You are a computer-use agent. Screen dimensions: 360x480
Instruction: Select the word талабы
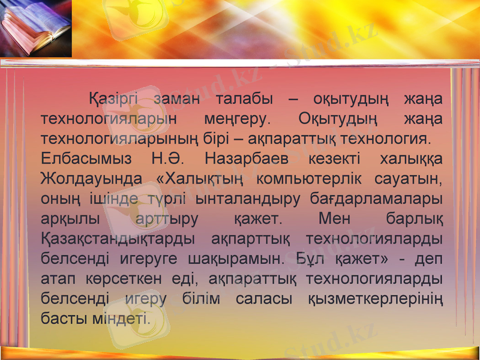tap(244, 99)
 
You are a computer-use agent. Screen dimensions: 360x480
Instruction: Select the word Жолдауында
tap(92, 179)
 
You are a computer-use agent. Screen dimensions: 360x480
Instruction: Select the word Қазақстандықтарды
tap(117, 239)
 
